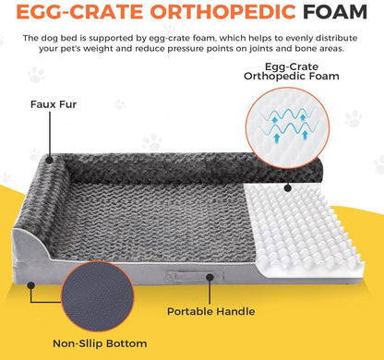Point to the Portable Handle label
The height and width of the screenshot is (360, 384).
coord(211,311)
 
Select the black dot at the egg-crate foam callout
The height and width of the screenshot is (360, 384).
coord(288,188)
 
